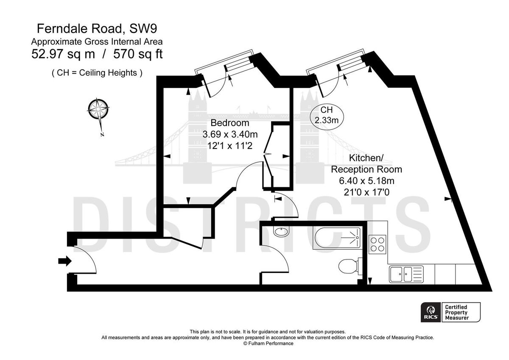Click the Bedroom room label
click(x=229, y=124)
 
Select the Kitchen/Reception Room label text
click(x=366, y=164)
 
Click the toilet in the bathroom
click(x=349, y=266)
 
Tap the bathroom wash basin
click(x=280, y=232)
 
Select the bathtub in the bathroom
click(x=337, y=239)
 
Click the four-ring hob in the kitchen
click(x=377, y=244)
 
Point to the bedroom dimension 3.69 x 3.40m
click(x=229, y=135)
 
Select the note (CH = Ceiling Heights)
click(x=97, y=73)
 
